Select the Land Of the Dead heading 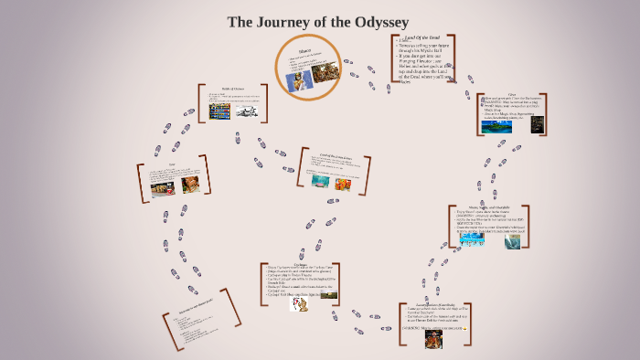pos(421,37)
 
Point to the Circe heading pos(513,94)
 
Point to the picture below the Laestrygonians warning pos(432,337)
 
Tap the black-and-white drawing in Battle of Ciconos pos(244,111)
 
